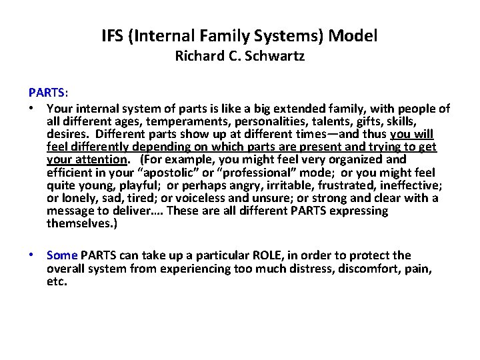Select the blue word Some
coord(63,255)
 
